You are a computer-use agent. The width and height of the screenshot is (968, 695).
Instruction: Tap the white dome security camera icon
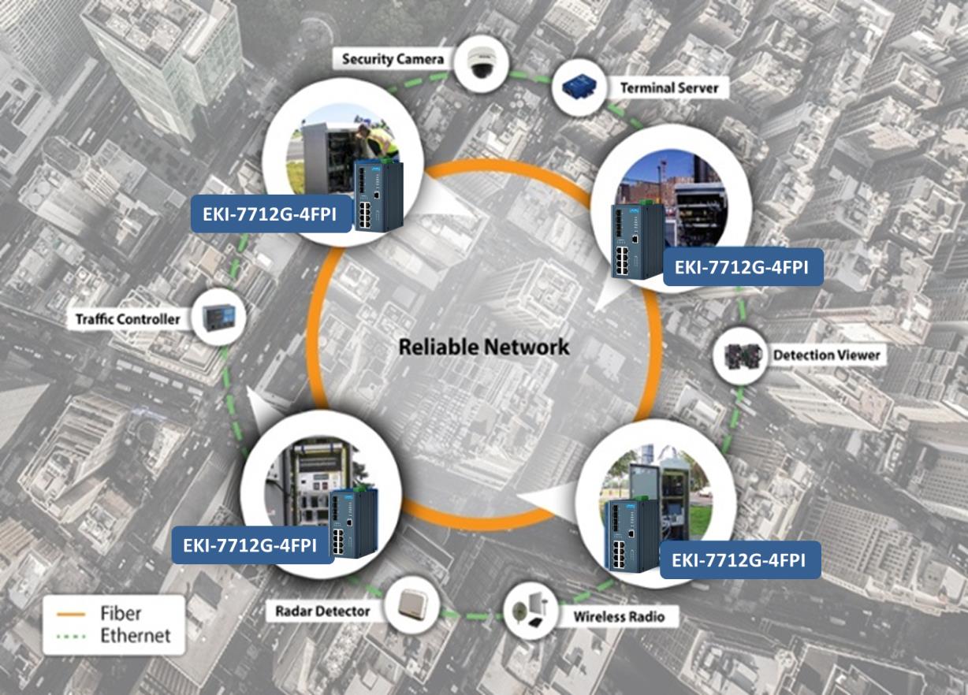[478, 65]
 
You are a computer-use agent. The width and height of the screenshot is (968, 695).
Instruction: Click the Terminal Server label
[668, 87]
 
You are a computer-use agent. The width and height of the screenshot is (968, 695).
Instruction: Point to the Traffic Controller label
[128, 319]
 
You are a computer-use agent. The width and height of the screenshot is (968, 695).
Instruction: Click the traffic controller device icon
[218, 317]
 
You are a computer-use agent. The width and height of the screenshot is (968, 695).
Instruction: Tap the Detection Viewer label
[826, 355]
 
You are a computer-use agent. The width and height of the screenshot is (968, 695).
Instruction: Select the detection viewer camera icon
[739, 357]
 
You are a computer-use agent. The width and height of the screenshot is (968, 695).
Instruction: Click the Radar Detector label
[322, 611]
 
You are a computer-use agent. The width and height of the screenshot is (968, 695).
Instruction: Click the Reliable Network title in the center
[483, 347]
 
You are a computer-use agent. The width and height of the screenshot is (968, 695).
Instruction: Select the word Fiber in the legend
[121, 613]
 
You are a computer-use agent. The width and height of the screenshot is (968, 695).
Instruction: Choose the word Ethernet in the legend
[135, 635]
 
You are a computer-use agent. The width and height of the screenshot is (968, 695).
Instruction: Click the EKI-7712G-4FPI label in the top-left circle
[272, 215]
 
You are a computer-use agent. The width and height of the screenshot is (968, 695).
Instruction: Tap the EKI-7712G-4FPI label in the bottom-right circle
[739, 560]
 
